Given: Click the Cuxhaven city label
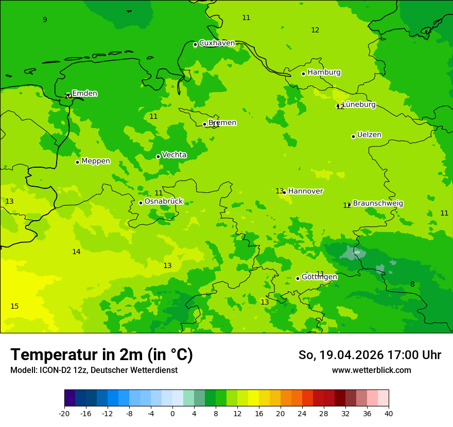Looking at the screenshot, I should [x=217, y=43].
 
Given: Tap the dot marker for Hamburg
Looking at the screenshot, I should [x=304, y=74].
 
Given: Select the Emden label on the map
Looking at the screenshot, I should [x=84, y=94].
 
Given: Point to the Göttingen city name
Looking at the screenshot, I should [x=319, y=277].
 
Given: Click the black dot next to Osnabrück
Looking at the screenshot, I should [x=141, y=203].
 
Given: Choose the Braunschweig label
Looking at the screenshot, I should [x=378, y=204].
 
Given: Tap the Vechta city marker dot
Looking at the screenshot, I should [x=158, y=156].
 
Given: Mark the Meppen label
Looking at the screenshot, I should [x=96, y=161].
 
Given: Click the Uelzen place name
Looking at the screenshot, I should [x=369, y=135].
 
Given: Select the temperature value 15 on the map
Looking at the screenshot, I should [x=14, y=307].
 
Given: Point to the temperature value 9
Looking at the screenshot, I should [x=45, y=20].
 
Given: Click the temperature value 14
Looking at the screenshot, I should [x=76, y=252].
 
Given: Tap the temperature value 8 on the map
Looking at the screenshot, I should [x=412, y=284].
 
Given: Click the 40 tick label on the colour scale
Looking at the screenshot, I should [x=388, y=413].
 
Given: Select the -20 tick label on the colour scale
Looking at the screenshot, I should [x=64, y=413].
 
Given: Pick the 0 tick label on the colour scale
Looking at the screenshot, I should [x=172, y=413].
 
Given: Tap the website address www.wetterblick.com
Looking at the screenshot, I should [x=371, y=370].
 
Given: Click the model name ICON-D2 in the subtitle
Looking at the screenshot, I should [x=50, y=370].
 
